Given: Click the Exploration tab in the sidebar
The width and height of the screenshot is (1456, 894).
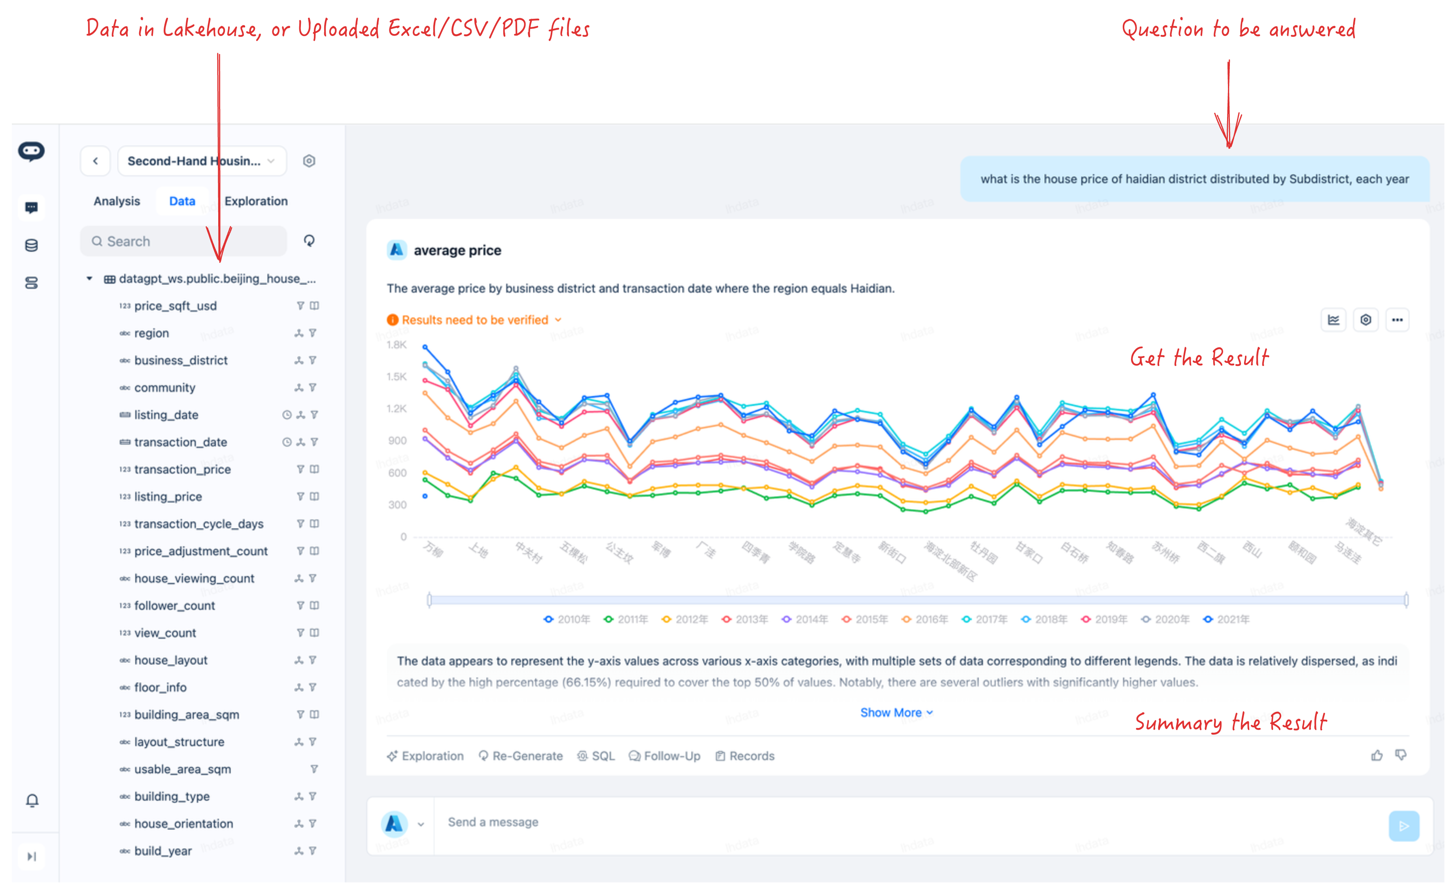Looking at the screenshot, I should (x=255, y=201).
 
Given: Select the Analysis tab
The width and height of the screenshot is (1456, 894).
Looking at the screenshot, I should (x=117, y=201).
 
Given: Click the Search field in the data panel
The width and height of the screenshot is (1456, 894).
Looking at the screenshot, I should (x=183, y=241).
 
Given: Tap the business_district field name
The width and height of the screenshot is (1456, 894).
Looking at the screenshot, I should (x=180, y=360).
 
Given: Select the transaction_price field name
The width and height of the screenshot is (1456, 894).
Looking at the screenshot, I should (x=182, y=469).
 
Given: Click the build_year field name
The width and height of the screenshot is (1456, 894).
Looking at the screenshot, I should (x=162, y=851).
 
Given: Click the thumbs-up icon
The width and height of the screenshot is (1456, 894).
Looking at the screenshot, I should (x=1377, y=755).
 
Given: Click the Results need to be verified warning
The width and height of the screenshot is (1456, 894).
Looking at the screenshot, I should (x=474, y=320).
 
